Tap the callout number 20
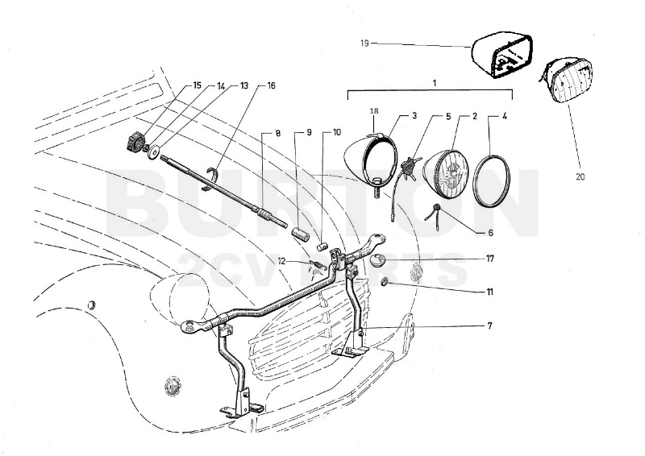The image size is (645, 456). (x=580, y=175)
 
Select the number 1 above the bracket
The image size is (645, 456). (x=435, y=83)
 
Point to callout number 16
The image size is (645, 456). (x=271, y=85)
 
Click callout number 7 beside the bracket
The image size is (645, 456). (x=489, y=325)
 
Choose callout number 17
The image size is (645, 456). (x=490, y=259)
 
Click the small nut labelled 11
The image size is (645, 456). (x=386, y=282)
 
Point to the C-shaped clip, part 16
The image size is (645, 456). (x=214, y=178)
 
